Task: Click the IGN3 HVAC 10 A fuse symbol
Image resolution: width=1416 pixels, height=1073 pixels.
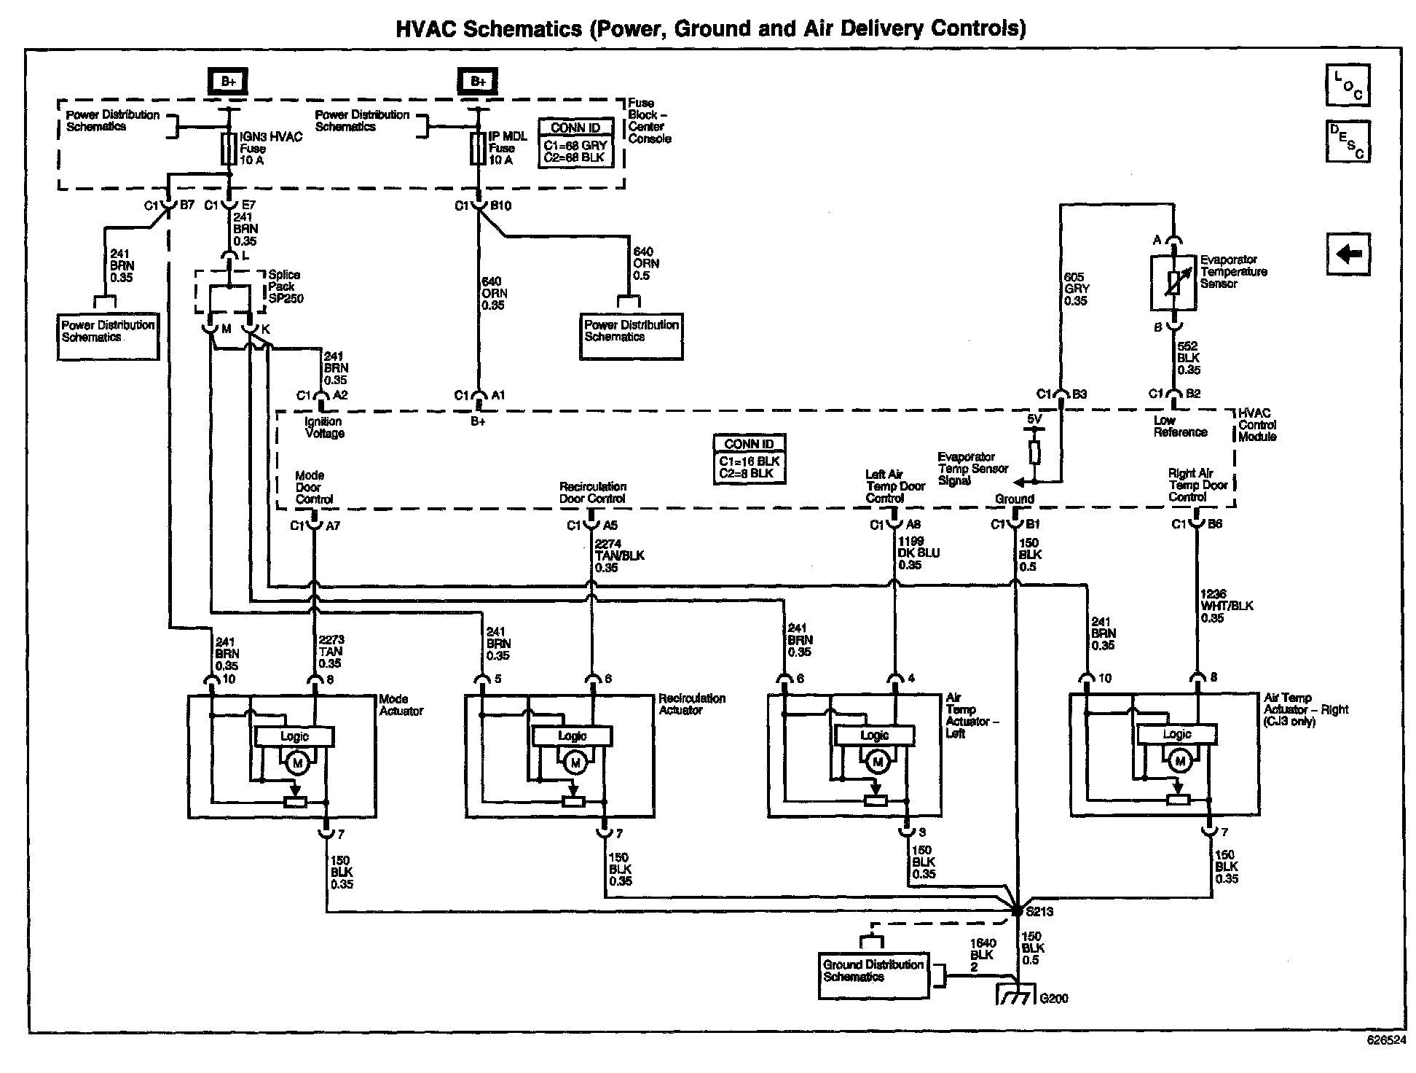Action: (229, 149)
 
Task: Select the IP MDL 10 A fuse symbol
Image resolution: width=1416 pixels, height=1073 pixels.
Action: (478, 149)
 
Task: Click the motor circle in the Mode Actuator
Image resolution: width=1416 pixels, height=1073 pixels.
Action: (296, 763)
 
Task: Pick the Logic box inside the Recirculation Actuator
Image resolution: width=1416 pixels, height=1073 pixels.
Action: (572, 736)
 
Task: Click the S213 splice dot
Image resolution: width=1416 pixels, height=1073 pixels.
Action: (1017, 910)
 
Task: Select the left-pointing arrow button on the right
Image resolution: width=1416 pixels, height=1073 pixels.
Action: (1348, 254)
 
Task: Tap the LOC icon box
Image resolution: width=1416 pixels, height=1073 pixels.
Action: (1348, 85)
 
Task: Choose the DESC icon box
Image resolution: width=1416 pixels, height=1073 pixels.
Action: (1348, 141)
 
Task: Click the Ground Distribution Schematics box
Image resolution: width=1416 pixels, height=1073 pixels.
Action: (873, 975)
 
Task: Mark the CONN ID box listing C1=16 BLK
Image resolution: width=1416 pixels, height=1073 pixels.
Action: (750, 459)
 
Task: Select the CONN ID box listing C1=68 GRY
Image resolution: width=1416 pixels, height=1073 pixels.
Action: (575, 143)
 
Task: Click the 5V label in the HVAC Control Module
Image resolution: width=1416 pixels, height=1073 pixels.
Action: (1034, 420)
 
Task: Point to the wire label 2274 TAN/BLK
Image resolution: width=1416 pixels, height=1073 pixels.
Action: (619, 555)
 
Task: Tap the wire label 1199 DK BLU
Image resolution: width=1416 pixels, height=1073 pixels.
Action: (919, 553)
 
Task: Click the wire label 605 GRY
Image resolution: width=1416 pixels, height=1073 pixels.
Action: (1076, 289)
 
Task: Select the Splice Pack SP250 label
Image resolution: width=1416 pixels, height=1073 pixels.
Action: (286, 286)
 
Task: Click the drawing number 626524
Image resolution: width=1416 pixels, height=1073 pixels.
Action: (1385, 1040)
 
